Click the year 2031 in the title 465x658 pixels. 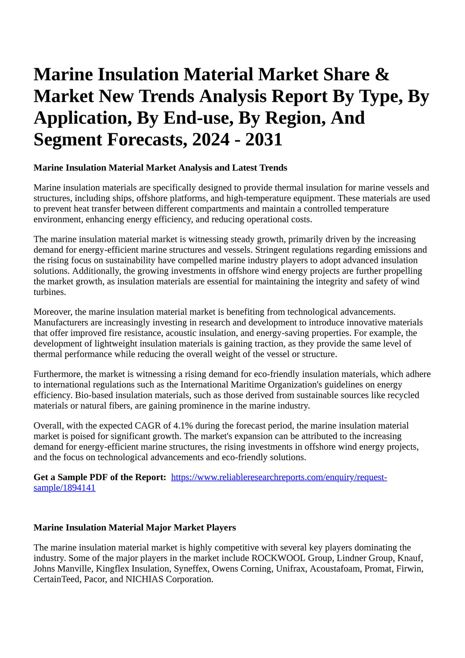point(264,140)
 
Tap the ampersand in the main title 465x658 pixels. point(382,75)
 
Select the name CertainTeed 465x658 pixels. point(57,579)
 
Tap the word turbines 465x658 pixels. point(49,292)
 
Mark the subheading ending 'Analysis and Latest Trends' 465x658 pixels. point(160,168)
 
